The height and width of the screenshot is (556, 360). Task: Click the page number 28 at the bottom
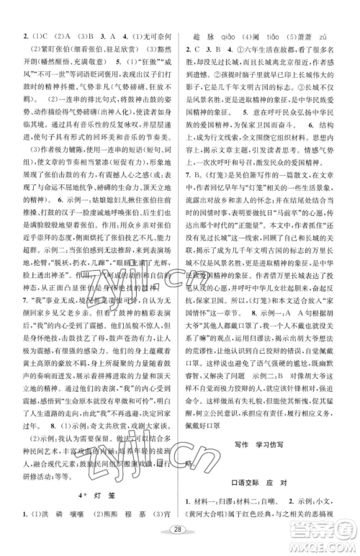click(x=179, y=536)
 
